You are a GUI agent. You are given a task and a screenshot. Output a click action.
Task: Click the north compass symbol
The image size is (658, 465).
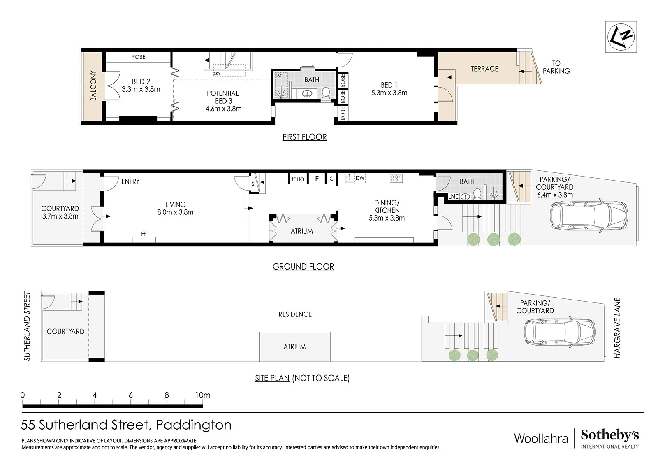621,37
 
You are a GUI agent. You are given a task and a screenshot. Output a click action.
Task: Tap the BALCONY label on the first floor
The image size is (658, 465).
93,86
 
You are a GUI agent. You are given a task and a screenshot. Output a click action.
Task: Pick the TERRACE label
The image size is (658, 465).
485,69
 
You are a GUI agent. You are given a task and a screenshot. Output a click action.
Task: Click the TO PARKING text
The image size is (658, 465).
556,67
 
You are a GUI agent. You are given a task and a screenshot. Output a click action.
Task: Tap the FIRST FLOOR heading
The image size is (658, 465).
305,137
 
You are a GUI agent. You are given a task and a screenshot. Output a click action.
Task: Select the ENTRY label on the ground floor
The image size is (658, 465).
130,181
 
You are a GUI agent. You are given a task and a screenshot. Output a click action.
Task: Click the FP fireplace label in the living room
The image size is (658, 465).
144,234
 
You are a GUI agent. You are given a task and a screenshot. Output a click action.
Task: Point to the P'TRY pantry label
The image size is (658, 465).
298,179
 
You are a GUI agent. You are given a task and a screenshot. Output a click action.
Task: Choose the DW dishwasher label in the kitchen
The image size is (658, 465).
360,178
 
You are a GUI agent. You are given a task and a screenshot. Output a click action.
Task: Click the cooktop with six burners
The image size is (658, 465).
396,178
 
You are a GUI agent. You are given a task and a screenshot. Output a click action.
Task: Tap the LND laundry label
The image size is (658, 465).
454,196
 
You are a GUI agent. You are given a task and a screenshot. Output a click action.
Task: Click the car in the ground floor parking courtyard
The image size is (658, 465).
588,216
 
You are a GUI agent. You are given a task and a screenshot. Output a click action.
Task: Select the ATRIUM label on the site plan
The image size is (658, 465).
294,347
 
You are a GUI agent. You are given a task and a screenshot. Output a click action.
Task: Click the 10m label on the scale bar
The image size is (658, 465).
203,395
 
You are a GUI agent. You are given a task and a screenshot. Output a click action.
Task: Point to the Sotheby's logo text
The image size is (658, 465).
609,435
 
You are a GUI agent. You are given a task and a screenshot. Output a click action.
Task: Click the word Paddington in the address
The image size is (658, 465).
194,425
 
